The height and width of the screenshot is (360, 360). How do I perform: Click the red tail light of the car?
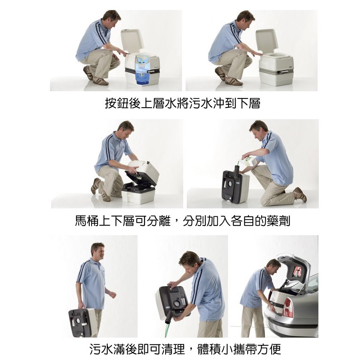click(x=288, y=308)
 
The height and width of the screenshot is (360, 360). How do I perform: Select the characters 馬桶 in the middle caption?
click(x=87, y=221)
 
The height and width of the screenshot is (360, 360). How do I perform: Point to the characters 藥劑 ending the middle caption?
click(x=278, y=221)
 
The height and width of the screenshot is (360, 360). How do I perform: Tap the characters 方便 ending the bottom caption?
click(x=269, y=349)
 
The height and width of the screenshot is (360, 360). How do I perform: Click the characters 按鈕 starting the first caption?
click(x=117, y=103)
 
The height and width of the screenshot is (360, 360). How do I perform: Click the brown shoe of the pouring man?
click(x=300, y=194)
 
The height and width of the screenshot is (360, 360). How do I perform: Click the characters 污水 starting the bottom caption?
click(x=101, y=349)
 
